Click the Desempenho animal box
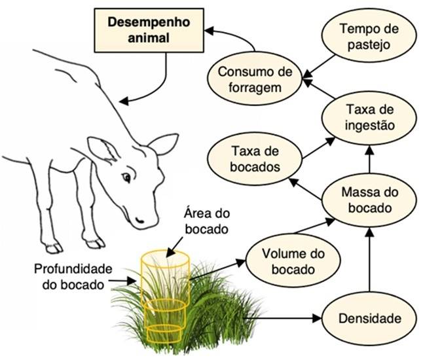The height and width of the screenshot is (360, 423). (149, 30)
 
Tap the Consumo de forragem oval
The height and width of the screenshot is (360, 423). (255, 79)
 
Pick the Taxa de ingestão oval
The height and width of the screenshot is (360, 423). (369, 118)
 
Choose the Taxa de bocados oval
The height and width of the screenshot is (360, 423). (255, 158)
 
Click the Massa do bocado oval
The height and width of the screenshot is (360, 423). (369, 200)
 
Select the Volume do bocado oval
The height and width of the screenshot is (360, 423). (293, 261)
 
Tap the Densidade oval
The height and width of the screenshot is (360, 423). (369, 319)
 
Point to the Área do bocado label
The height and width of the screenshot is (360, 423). (207, 221)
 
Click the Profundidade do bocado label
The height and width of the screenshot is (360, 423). (73, 277)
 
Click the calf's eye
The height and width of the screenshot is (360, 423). (126, 177)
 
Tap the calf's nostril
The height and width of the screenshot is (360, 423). (139, 220)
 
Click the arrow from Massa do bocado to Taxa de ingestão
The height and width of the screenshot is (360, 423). (370, 159)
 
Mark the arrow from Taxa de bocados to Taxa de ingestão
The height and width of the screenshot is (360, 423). (319, 148)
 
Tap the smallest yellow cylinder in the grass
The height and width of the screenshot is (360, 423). (164, 334)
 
